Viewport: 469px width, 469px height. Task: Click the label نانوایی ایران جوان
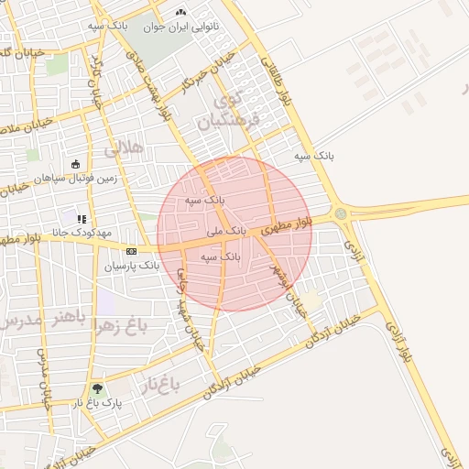[x=180, y=26]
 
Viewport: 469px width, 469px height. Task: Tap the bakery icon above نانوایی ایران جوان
[x=180, y=13]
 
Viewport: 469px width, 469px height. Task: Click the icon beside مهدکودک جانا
[x=82, y=219]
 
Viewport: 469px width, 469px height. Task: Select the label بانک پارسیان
[x=131, y=266]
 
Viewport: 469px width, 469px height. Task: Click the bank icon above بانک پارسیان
[x=131, y=251]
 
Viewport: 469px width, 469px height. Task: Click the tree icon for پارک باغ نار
[x=97, y=388]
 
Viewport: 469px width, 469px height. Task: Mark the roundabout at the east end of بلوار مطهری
[x=342, y=213]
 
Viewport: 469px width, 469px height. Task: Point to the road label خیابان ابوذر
[x=287, y=283]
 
